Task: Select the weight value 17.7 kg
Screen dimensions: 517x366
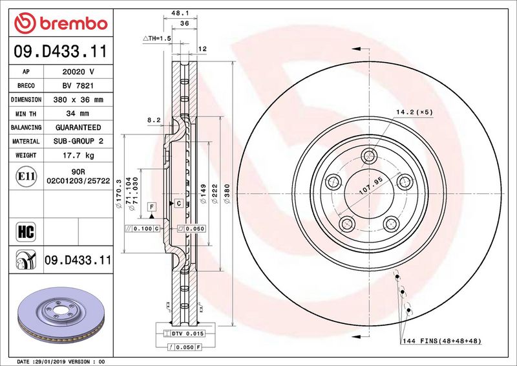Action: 78,155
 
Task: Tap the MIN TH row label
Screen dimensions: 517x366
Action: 26,114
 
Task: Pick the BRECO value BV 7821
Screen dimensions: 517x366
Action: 78,86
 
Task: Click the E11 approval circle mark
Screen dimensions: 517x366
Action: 26,177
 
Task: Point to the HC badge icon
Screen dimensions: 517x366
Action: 26,231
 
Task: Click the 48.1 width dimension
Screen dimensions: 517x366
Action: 180,13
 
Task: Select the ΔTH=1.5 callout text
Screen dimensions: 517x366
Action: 157,38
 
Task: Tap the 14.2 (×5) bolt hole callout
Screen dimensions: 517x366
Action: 414,113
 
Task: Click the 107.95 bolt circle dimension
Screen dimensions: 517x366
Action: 370,186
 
